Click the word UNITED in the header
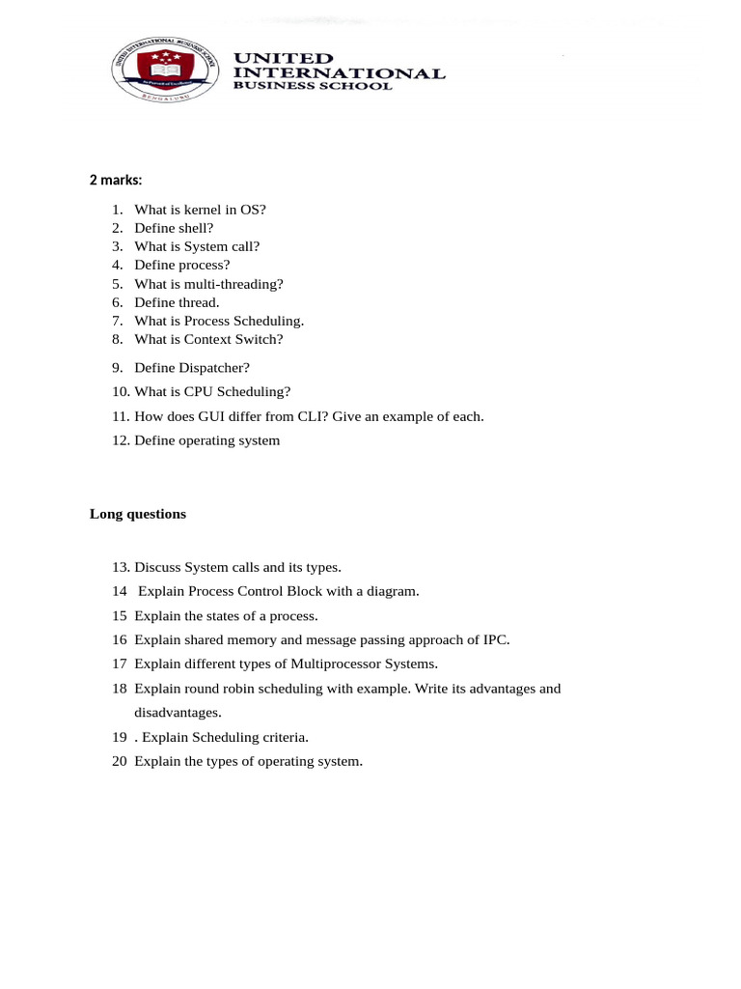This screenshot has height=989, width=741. (285, 58)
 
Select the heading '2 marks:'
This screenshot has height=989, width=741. (116, 180)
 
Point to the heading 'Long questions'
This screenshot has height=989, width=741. (138, 514)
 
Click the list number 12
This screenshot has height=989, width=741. (120, 440)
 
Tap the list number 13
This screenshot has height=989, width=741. (120, 567)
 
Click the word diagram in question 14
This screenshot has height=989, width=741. (391, 591)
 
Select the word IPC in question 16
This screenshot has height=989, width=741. (494, 639)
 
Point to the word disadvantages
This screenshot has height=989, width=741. (177, 713)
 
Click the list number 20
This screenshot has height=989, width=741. (120, 761)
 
